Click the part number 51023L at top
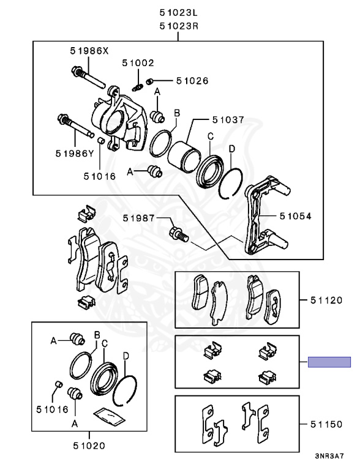tap(179, 13)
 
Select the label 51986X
tap(89, 51)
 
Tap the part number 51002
tap(138, 63)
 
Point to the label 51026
tap(192, 81)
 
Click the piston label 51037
tap(228, 120)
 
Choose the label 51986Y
tap(75, 154)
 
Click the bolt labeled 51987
tap(179, 235)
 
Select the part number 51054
tap(296, 216)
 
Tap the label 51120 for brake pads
tap(326, 300)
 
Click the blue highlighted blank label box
tap(329, 362)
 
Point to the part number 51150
tap(326, 424)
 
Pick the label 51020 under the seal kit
tap(89, 446)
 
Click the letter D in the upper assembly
tap(232, 149)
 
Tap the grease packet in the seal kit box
tap(109, 417)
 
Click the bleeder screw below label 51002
tap(137, 88)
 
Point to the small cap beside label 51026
tap(150, 81)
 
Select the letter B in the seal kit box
tap(97, 335)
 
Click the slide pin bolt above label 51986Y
tap(77, 125)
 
